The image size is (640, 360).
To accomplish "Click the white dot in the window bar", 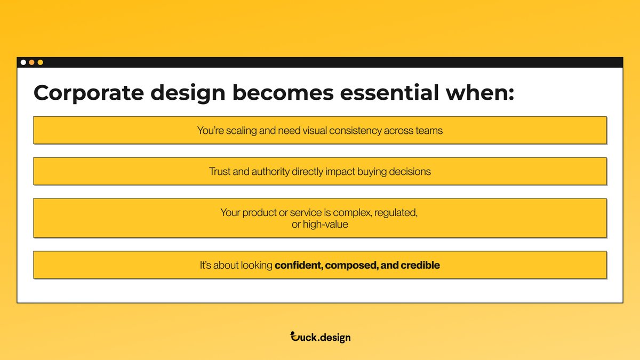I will coord(23,62).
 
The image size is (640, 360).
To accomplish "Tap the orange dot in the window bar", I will coord(31,62).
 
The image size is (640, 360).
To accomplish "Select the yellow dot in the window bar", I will coord(40,62).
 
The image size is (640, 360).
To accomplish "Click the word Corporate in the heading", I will coord(89,93).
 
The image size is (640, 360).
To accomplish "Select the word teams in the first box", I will coord(429,130).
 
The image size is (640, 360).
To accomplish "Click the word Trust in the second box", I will coord(219,172).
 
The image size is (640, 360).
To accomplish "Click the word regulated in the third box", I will coord(396,213).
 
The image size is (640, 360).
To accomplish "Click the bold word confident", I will coord(297,265).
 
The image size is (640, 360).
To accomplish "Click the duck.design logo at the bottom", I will coord(320,337).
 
